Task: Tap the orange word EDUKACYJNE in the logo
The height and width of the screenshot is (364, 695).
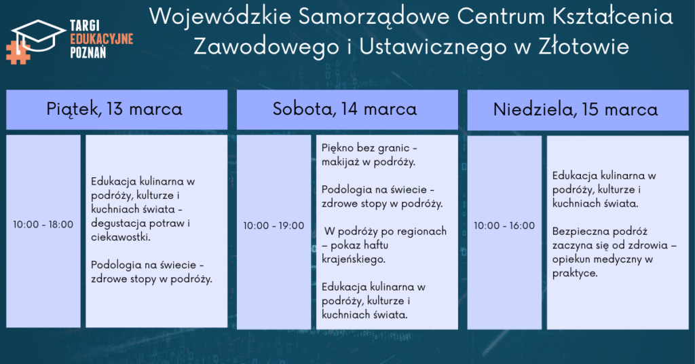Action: click(x=102, y=39)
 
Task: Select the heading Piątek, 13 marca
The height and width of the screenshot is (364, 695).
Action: click(x=114, y=109)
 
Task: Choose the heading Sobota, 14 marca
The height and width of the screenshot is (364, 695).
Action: click(x=345, y=109)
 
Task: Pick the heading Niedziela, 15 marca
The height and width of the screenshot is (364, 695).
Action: click(x=576, y=109)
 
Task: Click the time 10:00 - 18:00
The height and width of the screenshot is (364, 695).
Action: click(x=43, y=224)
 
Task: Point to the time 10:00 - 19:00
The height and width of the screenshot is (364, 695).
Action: click(x=274, y=225)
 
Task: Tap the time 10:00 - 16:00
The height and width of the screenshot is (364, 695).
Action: click(x=504, y=225)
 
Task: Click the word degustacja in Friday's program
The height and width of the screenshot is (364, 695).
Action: click(x=118, y=223)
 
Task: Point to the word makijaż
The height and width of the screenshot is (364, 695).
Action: click(x=341, y=162)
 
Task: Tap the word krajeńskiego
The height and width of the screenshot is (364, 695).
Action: click(x=353, y=259)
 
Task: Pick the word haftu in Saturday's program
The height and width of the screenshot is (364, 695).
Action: click(x=375, y=245)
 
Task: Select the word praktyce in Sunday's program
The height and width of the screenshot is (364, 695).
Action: click(x=574, y=274)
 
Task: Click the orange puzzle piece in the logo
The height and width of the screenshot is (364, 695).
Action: click(x=18, y=53)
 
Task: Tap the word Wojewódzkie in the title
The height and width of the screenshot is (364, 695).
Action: click(x=221, y=17)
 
